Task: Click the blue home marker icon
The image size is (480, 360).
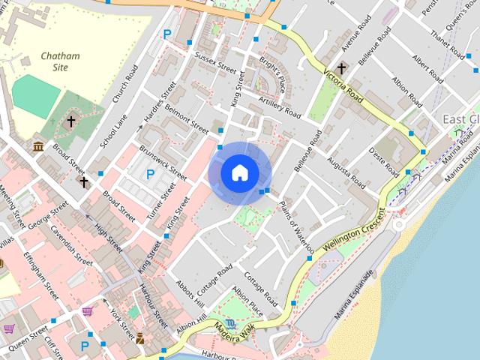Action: pos(239,173)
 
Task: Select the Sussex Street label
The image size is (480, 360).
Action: pos(215,62)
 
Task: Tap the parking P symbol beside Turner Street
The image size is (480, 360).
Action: pos(151,175)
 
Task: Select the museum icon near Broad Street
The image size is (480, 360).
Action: pos(38,145)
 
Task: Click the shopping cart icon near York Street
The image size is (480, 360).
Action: pos(88,310)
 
